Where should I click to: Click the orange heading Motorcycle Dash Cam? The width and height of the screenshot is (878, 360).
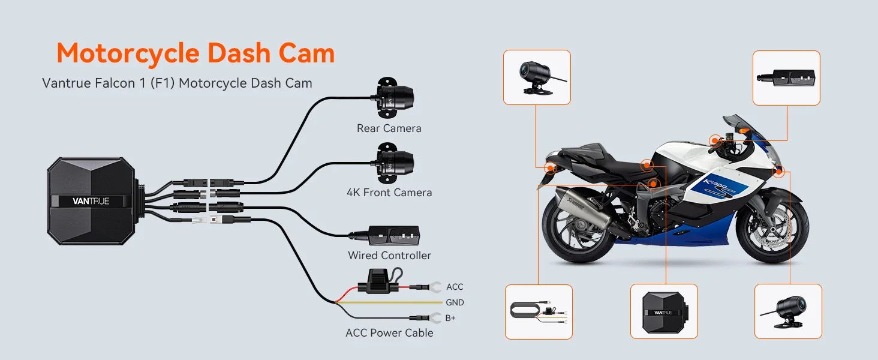(x=196, y=53)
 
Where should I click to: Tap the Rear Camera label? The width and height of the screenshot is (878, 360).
(x=389, y=128)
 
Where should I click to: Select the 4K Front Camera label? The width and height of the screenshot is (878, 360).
(x=389, y=193)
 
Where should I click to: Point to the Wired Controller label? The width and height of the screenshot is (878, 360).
(x=389, y=256)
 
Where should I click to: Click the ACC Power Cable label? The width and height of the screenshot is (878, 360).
(x=389, y=333)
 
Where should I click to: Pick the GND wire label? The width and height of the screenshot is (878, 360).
(x=455, y=303)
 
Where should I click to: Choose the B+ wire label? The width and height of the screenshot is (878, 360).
(x=450, y=318)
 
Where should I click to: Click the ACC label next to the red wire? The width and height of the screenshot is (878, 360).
(x=455, y=287)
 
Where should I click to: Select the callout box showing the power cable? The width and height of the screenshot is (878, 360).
(x=539, y=312)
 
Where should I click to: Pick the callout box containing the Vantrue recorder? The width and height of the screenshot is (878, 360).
(x=664, y=311)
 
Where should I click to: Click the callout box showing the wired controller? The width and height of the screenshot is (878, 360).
(x=786, y=77)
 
